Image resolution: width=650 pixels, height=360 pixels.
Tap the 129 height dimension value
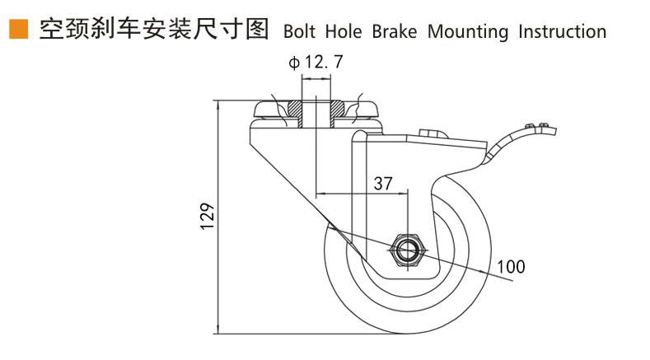[x=207, y=216]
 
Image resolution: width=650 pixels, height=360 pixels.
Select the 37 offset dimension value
[x=383, y=183]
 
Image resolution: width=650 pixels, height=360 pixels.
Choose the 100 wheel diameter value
[x=511, y=266]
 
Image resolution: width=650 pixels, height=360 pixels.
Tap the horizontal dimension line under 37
[x=362, y=194]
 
